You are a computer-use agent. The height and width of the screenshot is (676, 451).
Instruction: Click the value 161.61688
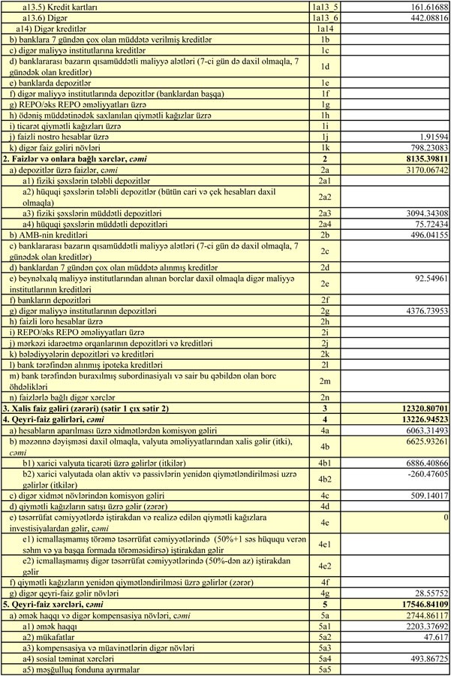(x=423, y=6)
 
